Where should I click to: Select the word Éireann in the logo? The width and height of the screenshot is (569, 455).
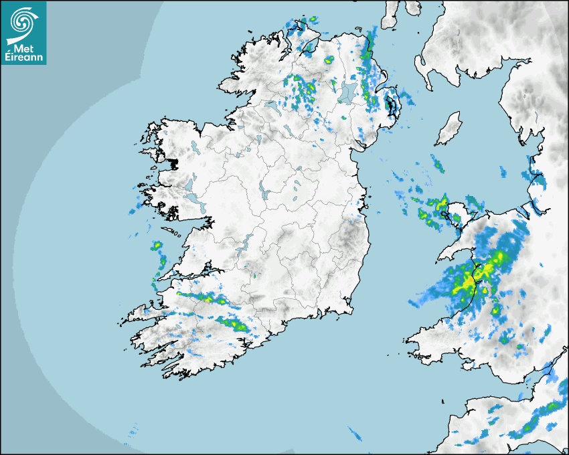pyautogui.click(x=23, y=58)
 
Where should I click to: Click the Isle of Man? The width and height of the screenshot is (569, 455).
pyautogui.click(x=449, y=129)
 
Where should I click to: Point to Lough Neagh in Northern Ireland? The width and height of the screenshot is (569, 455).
pyautogui.click(x=347, y=93)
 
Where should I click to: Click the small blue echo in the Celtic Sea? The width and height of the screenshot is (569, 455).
pyautogui.click(x=354, y=434)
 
